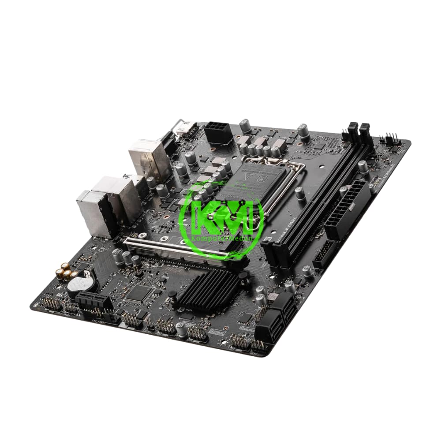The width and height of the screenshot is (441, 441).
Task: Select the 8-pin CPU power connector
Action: (x=218, y=132)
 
